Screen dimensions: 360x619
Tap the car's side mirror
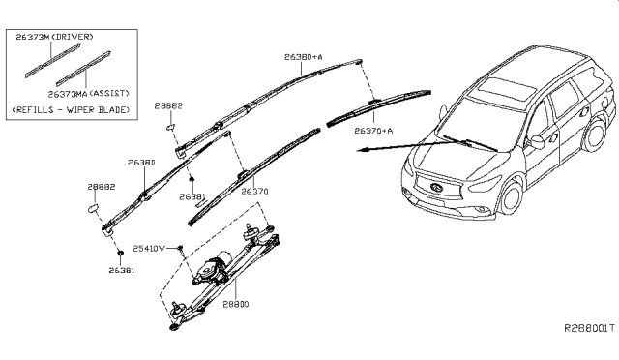click(x=536, y=142)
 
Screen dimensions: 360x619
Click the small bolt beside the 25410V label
click(x=180, y=249)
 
